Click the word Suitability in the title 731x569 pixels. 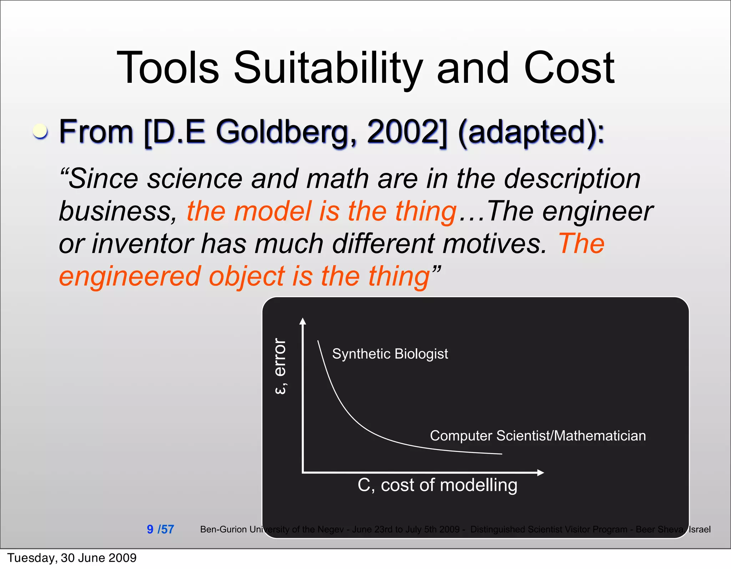[328, 68]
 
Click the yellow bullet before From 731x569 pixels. [40, 131]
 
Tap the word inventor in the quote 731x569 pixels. [142, 244]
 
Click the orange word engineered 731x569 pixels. [130, 276]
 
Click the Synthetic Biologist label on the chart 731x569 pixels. [390, 354]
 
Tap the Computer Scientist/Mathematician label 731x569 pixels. [538, 435]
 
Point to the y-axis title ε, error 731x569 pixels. [281, 366]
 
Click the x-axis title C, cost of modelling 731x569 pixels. [437, 485]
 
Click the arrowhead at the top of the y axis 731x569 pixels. [303, 321]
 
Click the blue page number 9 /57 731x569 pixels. [160, 529]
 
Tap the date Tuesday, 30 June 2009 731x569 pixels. [72, 558]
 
